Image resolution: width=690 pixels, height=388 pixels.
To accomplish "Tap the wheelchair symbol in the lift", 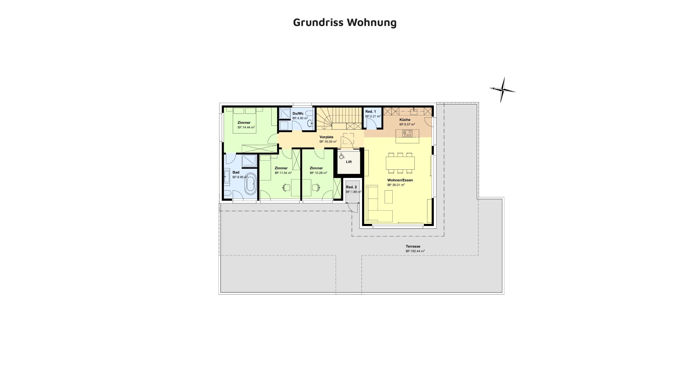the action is click(x=342, y=156).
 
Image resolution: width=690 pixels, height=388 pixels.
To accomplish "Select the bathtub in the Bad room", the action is click(x=251, y=184).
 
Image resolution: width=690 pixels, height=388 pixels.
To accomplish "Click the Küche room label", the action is click(x=405, y=120).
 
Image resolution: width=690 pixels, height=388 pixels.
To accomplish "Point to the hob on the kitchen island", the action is click(x=407, y=133).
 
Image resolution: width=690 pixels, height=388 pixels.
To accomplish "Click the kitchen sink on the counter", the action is click(x=414, y=111).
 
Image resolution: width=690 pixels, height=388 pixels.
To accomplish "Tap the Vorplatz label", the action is click(x=326, y=137).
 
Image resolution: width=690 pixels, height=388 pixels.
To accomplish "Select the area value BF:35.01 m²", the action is click(x=396, y=185).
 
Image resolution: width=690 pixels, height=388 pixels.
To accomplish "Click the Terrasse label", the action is click(x=413, y=246).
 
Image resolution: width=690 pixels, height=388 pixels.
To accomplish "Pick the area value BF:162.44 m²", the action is click(x=415, y=251).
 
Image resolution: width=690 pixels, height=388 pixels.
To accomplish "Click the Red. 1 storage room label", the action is click(x=371, y=111).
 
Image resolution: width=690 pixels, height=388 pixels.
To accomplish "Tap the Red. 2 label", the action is click(x=351, y=187).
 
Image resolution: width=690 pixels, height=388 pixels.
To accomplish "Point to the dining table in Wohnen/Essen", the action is click(x=400, y=163).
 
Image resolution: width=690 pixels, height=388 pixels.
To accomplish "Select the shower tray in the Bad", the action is click(x=250, y=161).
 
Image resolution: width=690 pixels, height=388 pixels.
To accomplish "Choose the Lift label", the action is click(x=349, y=162).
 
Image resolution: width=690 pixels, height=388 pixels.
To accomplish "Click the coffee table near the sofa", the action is click(x=388, y=197).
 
